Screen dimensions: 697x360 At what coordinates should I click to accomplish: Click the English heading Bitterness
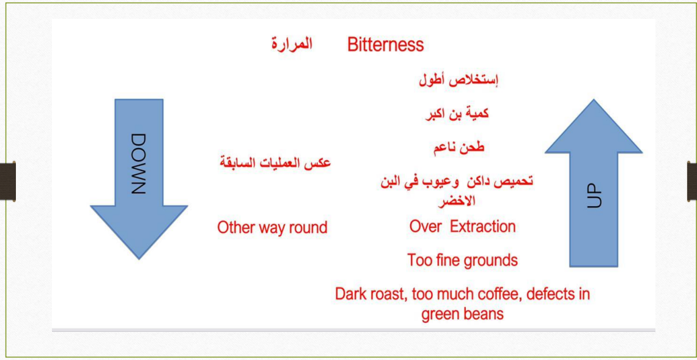click(386, 45)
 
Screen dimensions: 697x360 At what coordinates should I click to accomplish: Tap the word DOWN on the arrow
click(139, 164)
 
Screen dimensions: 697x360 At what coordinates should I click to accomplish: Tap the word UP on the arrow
click(594, 196)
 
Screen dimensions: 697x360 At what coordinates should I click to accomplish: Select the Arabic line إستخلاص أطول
click(459, 81)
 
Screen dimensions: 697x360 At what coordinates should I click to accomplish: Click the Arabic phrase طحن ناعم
click(459, 147)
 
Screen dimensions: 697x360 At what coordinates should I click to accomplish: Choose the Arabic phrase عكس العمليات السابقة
click(275, 162)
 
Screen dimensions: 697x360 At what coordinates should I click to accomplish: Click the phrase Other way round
click(272, 227)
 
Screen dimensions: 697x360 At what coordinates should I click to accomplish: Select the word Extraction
click(483, 227)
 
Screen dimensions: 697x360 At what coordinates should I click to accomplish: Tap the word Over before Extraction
click(425, 227)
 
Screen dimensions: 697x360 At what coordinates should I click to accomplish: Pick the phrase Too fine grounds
click(463, 260)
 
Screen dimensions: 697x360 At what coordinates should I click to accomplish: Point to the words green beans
click(462, 314)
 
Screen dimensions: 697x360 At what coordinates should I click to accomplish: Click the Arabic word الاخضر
click(457, 201)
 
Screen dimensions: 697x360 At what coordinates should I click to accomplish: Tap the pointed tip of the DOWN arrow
click(139, 259)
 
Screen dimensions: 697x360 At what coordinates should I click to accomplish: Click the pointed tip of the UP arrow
click(594, 100)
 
